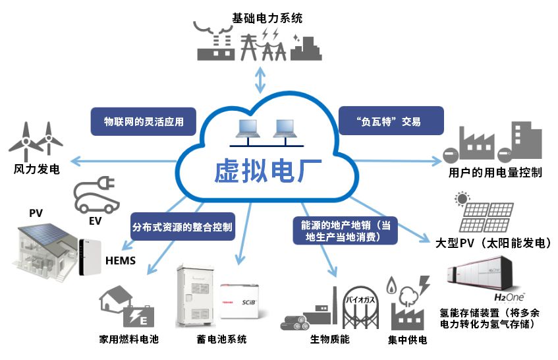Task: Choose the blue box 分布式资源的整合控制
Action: [182, 228]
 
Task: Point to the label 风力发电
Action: [38, 169]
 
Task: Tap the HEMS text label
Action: [121, 261]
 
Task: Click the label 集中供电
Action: [408, 340]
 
